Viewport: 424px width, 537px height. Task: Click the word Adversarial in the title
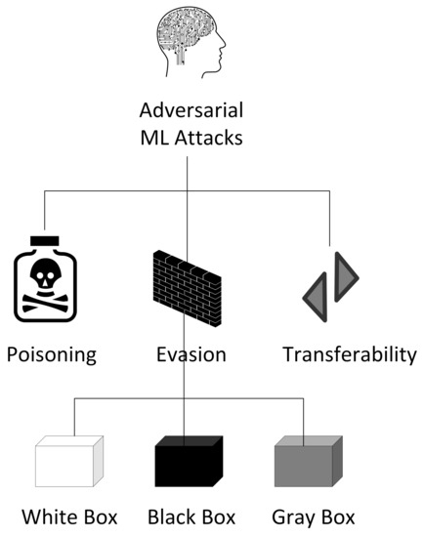187,113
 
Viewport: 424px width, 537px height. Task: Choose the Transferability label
349,353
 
